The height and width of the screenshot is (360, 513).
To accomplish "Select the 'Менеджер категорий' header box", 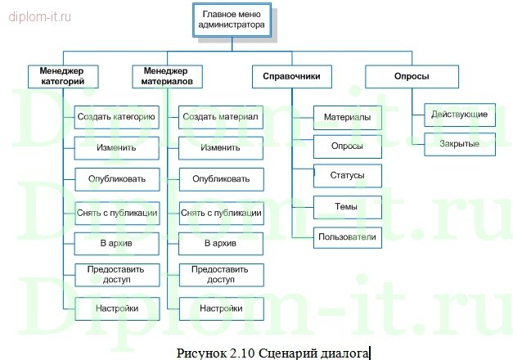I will tap(62, 76).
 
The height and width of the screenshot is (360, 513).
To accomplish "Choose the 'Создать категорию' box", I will tap(116, 118).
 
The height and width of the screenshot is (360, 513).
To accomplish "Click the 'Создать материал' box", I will tap(221, 118).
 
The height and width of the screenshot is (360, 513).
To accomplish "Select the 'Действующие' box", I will tap(459, 115).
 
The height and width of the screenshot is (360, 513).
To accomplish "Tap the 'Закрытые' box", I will tap(459, 144).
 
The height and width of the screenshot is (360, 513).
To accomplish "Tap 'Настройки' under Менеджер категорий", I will tap(116, 308).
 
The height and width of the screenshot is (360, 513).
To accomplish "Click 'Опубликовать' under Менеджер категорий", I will tap(116, 178).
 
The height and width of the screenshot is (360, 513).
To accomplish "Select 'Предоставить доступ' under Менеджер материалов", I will tap(221, 274).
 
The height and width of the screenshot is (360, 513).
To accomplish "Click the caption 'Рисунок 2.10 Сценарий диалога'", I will tap(272, 352).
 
